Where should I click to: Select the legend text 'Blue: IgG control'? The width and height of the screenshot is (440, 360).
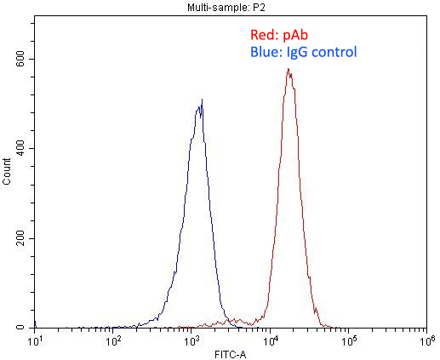coord(304,53)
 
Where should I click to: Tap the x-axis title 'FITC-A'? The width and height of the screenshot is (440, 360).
coord(230,351)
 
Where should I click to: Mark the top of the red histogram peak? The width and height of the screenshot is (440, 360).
coord(289,70)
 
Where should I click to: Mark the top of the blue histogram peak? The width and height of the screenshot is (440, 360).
coord(202,100)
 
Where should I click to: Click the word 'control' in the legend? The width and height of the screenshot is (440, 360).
coord(335,53)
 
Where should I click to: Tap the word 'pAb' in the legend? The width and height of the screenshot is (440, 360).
coord(293,36)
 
